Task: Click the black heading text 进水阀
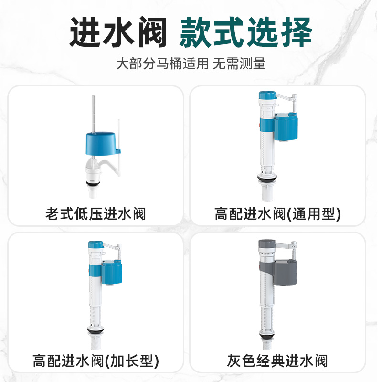pyautogui.click(x=118, y=33)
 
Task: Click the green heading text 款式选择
pyautogui.click(x=245, y=33)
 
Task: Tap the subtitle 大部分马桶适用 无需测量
pyautogui.click(x=191, y=64)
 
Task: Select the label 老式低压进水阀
pyautogui.click(x=95, y=213)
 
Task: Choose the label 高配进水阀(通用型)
pyautogui.click(x=277, y=213)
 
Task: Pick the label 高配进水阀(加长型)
pyautogui.click(x=95, y=360)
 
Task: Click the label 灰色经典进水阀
pyautogui.click(x=277, y=360)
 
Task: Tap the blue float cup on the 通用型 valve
pyautogui.click(x=286, y=127)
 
